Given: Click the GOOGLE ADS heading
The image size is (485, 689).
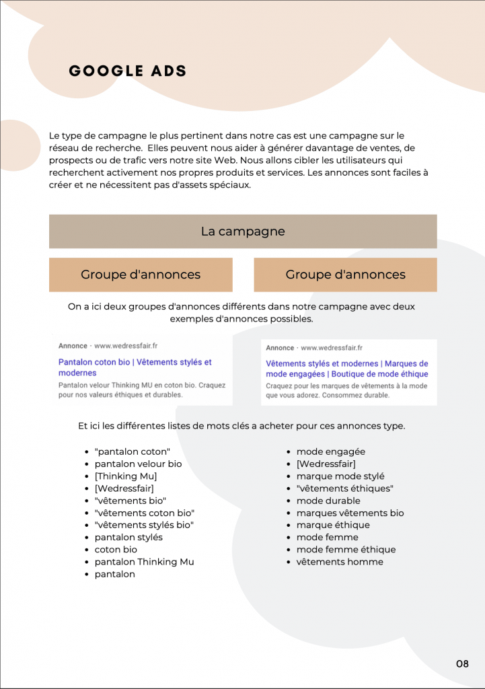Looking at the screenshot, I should [128, 71].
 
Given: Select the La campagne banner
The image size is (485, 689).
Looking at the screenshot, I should [243, 231].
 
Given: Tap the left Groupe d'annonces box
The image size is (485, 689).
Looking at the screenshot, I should [141, 275].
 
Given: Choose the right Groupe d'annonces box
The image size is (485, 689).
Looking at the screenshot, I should [345, 275].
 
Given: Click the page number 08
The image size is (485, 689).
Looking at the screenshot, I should [462, 664].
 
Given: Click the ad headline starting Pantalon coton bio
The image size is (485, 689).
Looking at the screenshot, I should [135, 367].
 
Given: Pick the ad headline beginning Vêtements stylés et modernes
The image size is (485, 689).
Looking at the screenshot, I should [346, 368].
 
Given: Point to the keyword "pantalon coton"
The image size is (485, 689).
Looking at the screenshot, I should [133, 451].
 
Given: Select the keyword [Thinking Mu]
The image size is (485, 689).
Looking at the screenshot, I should [126, 476].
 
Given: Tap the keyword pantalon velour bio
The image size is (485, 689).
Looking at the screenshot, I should [138, 464].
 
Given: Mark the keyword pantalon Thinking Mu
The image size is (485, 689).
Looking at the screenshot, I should [144, 562].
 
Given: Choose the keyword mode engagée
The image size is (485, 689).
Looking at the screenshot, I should [331, 451].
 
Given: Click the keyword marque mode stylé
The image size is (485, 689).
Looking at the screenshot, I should [340, 476].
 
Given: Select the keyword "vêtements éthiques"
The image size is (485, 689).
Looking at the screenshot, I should [344, 488].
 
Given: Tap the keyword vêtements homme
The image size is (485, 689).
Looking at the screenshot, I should [340, 562].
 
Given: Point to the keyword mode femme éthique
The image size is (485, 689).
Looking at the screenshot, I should [346, 550].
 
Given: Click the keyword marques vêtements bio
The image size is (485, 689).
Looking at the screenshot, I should [350, 513].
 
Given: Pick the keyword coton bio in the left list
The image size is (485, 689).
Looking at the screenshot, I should [116, 550].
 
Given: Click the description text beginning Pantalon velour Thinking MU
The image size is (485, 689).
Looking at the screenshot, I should [141, 390].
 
